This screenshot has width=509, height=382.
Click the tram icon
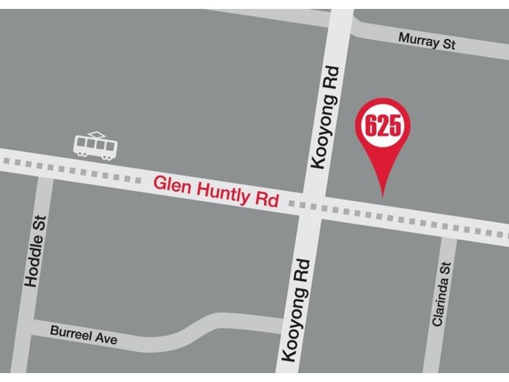(x=95, y=146)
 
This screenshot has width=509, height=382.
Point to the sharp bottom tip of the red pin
(x=382, y=195)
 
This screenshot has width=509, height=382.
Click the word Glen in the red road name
(x=170, y=185)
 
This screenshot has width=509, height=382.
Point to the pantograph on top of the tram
(x=97, y=134)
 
